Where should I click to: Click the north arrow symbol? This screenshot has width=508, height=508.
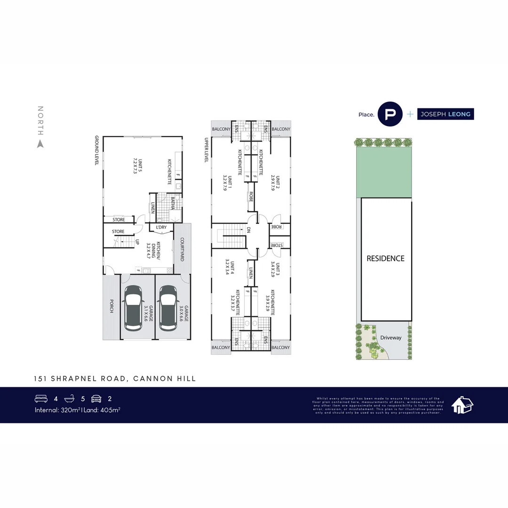click(40, 144)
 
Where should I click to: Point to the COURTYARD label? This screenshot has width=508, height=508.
click(181, 249)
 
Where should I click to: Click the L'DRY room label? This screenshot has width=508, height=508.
click(161, 228)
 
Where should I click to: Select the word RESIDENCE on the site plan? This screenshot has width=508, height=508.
click(385, 258)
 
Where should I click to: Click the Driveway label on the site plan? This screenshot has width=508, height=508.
click(391, 337)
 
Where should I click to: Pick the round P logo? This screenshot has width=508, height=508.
click(390, 114)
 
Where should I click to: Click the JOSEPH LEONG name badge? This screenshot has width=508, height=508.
click(445, 114)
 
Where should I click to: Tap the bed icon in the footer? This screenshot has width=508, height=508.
click(41, 398)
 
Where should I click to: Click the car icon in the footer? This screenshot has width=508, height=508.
click(96, 398)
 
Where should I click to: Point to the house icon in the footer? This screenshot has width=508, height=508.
click(462, 405)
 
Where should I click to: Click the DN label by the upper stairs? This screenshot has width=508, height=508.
click(248, 230)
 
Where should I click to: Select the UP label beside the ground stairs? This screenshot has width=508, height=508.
click(137, 243)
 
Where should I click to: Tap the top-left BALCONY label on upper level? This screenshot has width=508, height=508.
click(221, 129)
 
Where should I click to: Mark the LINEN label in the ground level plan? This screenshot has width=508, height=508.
click(152, 208)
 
